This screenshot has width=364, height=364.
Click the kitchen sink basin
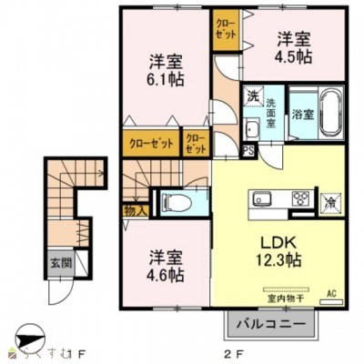(x=262, y=198)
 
